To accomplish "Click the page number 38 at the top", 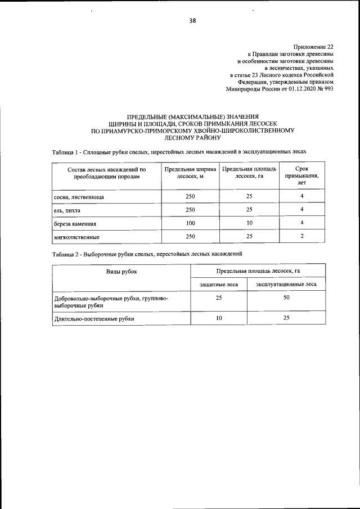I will pos(192,21).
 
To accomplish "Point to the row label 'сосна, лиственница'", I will pos(79,198).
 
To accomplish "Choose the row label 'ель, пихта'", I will pos(67,210).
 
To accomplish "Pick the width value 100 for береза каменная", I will pos(190,223).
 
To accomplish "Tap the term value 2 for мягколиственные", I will pos(301,236).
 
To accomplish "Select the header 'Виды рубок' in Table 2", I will pos(121,272).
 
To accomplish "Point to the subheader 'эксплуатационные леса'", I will pos(286,285).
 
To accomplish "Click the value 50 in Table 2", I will pos(286,298).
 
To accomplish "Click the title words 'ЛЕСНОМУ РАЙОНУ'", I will pos(192,137).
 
